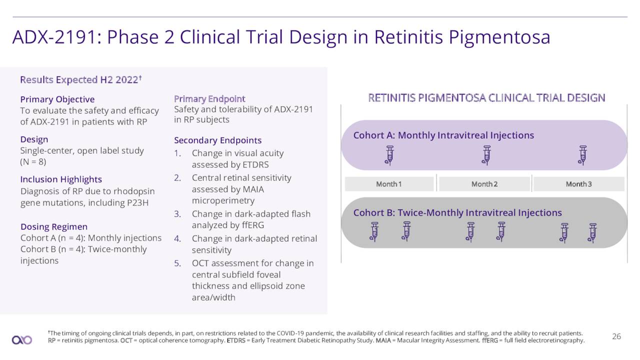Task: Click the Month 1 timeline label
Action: pos(388,184)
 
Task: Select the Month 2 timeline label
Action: pos(484,184)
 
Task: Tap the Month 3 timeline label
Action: pos(579,184)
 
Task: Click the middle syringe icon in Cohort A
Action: pos(486,155)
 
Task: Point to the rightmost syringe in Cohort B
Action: pos(592,233)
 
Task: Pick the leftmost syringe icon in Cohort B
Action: pos(374,232)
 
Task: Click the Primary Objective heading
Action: pos(57,99)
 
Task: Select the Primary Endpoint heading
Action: pos(209,99)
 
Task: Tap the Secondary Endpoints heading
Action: pos(217,140)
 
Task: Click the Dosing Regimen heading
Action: pos(54,226)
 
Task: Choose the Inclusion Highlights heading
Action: pos(61,179)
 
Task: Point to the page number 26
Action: pos(616,336)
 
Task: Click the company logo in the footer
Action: pos(22,340)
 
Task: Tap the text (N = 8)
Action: pos(33,162)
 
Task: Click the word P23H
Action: pos(137,203)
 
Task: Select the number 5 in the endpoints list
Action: pos(177,263)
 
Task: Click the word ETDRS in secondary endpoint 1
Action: pos(255,165)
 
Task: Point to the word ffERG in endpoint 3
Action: pos(253,225)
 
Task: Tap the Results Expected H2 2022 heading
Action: pos(81,79)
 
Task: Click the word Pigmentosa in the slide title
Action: pos(499,37)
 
